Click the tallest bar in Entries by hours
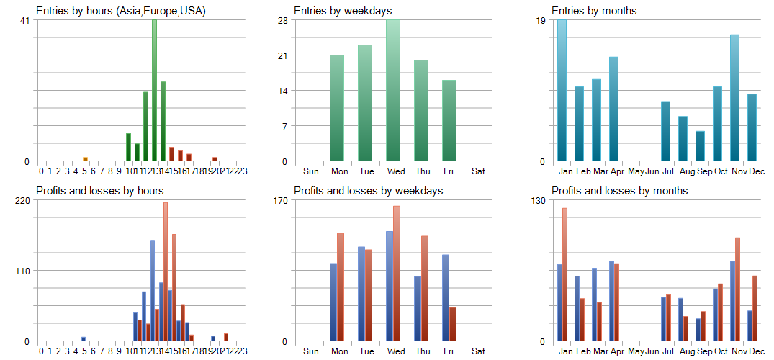154,91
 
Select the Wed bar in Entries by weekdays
393,91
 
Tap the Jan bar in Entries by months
562,91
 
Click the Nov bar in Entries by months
734,98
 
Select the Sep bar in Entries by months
700,146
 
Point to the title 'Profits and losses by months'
619,191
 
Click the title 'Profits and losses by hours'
99,191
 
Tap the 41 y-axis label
25,20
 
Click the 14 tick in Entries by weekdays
283,91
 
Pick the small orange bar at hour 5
85,158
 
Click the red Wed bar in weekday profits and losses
397,274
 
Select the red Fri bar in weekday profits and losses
453,324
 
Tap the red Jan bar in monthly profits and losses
565,274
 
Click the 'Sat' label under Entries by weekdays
479,171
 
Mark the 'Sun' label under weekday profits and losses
311,351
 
